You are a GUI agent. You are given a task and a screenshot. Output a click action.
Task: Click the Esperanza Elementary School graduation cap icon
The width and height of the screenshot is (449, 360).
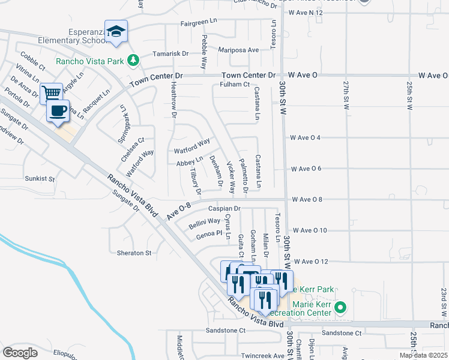[116, 32]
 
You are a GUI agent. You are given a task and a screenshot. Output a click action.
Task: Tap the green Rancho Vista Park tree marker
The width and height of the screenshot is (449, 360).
[133, 60]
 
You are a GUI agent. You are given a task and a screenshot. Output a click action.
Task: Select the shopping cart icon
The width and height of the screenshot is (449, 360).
[52, 93]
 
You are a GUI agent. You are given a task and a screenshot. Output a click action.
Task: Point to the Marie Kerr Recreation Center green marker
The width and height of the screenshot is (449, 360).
[340, 308]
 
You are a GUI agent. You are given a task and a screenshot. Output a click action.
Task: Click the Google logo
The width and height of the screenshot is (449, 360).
[20, 353]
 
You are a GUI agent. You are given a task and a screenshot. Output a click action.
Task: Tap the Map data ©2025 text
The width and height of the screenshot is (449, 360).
[424, 355]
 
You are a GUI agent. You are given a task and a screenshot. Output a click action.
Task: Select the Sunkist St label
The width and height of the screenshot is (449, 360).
[40, 179]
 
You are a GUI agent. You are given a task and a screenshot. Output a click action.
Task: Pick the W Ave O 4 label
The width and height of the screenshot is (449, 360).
[305, 137]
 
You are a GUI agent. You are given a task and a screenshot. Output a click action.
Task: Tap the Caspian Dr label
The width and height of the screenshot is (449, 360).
[224, 209]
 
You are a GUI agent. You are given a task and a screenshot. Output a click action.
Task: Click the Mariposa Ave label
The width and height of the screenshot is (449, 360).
[238, 50]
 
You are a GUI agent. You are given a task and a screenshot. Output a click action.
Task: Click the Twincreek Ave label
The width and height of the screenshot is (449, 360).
[262, 355]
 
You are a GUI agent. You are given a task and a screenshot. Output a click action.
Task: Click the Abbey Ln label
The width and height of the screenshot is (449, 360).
[189, 163]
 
